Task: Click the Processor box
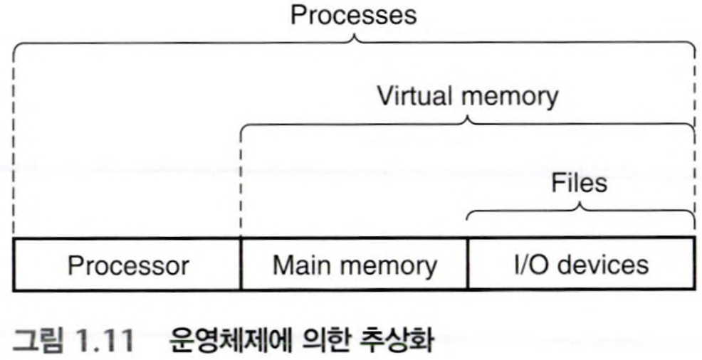point(127,265)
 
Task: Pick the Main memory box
point(355,265)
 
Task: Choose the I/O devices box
point(580,265)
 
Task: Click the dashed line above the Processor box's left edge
point(14,142)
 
